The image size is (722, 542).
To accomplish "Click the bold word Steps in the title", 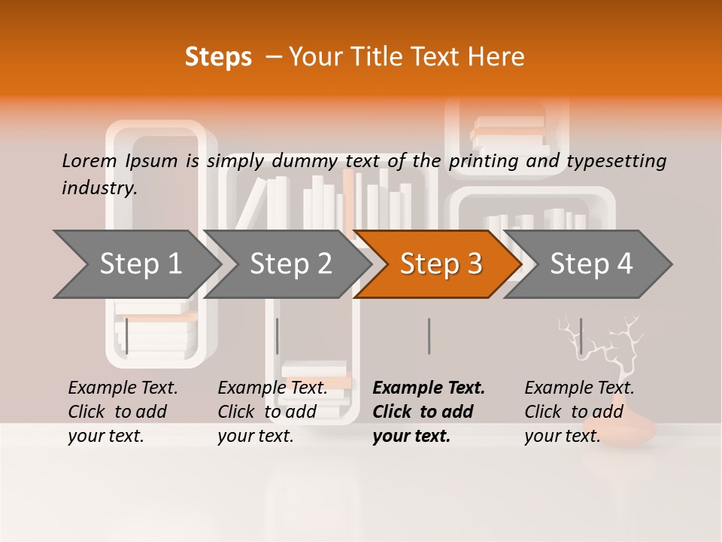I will point(218,57).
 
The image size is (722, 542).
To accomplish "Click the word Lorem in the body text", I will point(89,160).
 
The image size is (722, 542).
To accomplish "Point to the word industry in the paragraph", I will point(99,187).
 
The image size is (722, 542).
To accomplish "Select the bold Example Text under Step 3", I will point(429,388).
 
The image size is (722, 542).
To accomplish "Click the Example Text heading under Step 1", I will point(123,388).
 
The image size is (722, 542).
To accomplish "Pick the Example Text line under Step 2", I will point(272,388).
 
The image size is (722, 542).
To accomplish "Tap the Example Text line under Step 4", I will point(579,388).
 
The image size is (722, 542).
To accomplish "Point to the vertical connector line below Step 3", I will point(429,336).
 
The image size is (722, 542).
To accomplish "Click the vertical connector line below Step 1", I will point(127,336).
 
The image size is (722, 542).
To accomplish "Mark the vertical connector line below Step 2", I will point(278,336).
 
